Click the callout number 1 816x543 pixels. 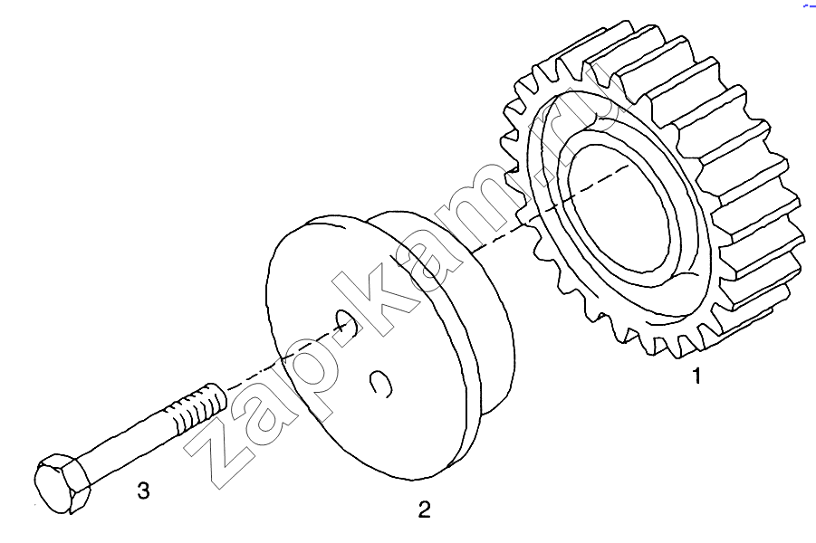click(x=696, y=375)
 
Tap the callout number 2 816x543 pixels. click(x=425, y=510)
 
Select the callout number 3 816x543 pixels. click(x=144, y=490)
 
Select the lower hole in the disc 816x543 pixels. click(x=381, y=384)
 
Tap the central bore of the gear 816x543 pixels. click(x=619, y=208)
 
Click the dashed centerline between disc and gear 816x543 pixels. click(x=552, y=208)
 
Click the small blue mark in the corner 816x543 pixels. click(x=810, y=5)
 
